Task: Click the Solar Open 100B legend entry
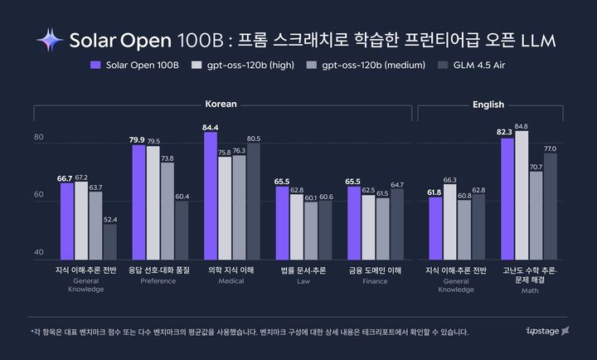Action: click(x=132, y=65)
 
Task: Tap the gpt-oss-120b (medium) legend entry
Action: click(x=369, y=65)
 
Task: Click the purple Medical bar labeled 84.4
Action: click(x=211, y=195)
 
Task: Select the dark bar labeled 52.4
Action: click(x=109, y=241)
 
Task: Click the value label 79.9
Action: click(x=137, y=139)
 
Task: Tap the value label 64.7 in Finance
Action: click(x=397, y=184)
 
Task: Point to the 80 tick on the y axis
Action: click(x=38, y=138)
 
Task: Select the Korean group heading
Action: click(x=221, y=105)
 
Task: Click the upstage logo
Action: click(x=548, y=332)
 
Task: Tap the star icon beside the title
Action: click(x=49, y=40)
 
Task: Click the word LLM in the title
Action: click(x=539, y=40)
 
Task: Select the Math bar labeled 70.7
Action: click(x=536, y=215)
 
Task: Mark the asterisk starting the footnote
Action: click(x=32, y=331)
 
